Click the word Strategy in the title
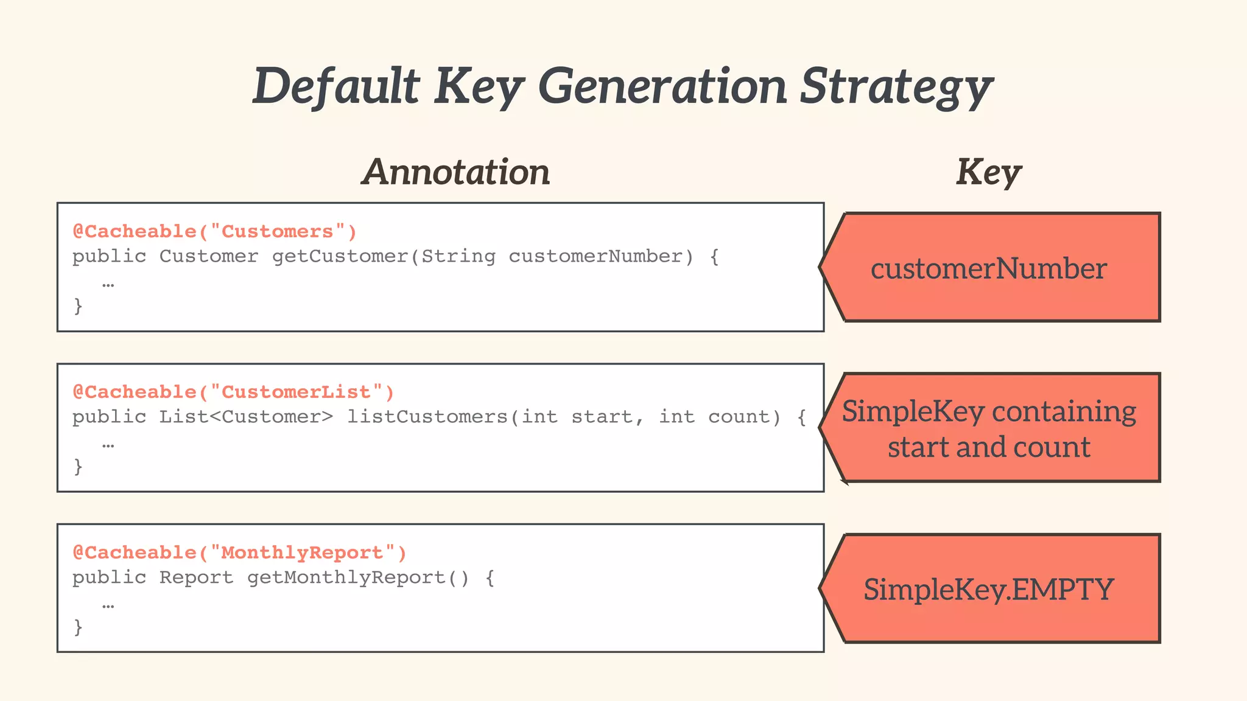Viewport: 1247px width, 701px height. (x=896, y=86)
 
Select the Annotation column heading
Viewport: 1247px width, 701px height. (x=456, y=172)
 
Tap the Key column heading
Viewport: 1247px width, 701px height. (x=988, y=172)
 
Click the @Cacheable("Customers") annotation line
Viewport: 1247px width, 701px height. (x=214, y=232)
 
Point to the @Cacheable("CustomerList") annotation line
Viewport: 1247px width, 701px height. (x=233, y=392)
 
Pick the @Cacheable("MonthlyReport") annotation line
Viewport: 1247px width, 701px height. (x=239, y=553)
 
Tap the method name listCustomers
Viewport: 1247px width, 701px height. (x=427, y=417)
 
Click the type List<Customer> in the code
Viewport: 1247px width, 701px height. (x=246, y=417)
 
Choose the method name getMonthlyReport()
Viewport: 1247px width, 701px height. (x=358, y=578)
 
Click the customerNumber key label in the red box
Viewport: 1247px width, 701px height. (x=988, y=268)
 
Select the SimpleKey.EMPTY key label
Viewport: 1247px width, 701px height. (x=988, y=590)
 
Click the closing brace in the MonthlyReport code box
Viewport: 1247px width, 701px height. (x=78, y=627)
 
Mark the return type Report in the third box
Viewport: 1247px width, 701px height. (x=196, y=578)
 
